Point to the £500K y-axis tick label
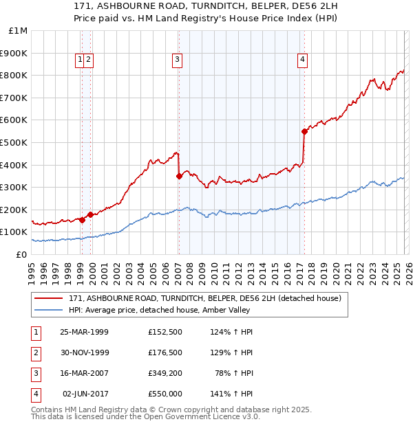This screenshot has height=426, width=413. (14, 142)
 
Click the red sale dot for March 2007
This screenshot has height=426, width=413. (179, 176)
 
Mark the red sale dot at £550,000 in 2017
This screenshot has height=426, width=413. (304, 131)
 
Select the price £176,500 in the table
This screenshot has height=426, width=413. (165, 352)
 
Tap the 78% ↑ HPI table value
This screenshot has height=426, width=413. (233, 373)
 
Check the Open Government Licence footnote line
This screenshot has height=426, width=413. (145, 416)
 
